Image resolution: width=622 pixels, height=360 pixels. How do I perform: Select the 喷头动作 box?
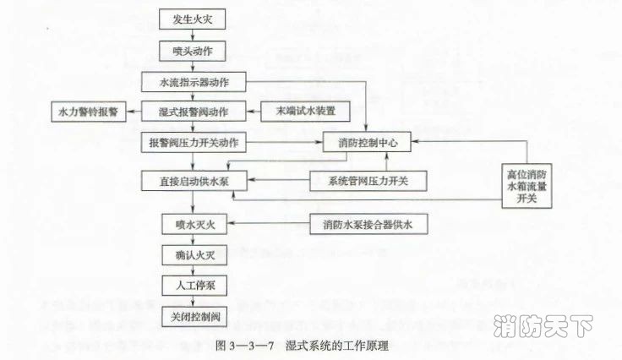192,52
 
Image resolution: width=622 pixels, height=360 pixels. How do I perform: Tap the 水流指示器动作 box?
196,82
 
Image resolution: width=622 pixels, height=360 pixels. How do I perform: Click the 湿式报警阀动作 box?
195,112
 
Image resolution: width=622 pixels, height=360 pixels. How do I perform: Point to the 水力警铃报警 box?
87,112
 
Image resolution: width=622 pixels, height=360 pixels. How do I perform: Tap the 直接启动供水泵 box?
195,181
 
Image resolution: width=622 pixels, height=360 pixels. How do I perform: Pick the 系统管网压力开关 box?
368,181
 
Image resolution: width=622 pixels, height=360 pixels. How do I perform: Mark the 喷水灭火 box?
192,224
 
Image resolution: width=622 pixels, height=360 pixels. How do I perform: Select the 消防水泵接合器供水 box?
368,224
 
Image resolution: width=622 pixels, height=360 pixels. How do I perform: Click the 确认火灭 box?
192,254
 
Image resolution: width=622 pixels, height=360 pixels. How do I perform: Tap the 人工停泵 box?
192,285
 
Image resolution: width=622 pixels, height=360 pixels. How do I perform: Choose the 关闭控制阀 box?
192,315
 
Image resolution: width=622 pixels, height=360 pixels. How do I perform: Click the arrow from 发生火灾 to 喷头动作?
192,35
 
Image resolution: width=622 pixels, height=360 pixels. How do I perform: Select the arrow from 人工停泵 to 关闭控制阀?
192,300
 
